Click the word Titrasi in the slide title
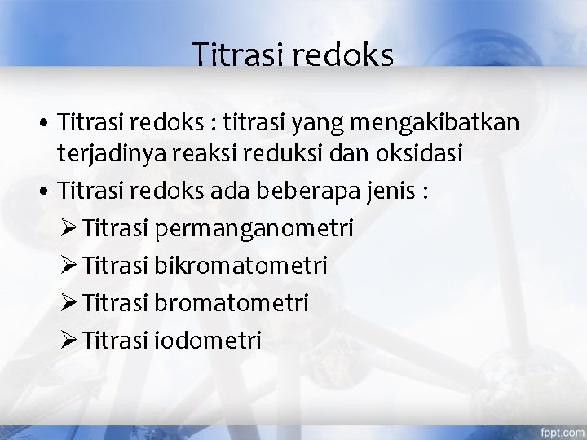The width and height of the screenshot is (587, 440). pyautogui.click(x=233, y=55)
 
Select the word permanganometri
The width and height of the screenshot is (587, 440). pyautogui.click(x=253, y=227)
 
